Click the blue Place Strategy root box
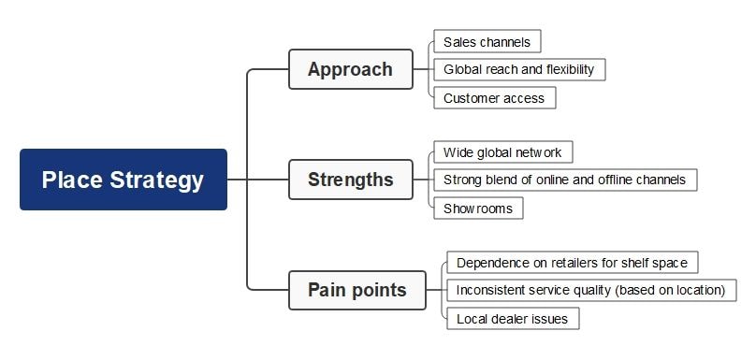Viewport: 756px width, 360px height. pos(123,180)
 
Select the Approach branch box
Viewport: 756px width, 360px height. pos(350,69)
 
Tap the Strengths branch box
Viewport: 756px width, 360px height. pos(350,180)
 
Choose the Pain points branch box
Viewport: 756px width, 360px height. pos(356,290)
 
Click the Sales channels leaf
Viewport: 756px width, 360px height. pos(487,42)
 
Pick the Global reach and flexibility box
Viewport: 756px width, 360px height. pos(519,69)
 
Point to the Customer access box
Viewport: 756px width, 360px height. pos(494,97)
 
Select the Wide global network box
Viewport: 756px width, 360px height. pos(502,152)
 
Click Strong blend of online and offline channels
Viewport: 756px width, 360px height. pos(564,180)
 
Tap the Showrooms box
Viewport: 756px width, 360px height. pos(478,208)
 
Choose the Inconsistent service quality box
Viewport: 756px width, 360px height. pos(590,290)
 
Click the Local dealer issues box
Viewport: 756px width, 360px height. pos(512,318)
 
